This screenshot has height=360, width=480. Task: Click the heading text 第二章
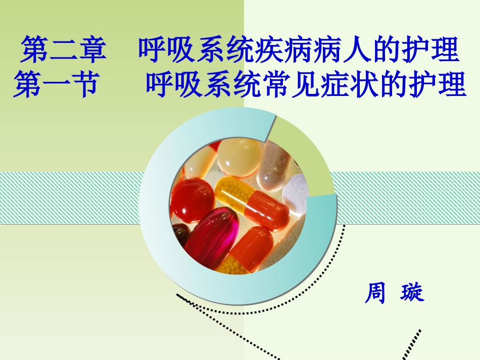point(63,49)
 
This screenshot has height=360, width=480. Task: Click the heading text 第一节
point(55,84)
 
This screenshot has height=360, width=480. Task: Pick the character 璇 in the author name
point(412,293)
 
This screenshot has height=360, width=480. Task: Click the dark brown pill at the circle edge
point(180,234)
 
